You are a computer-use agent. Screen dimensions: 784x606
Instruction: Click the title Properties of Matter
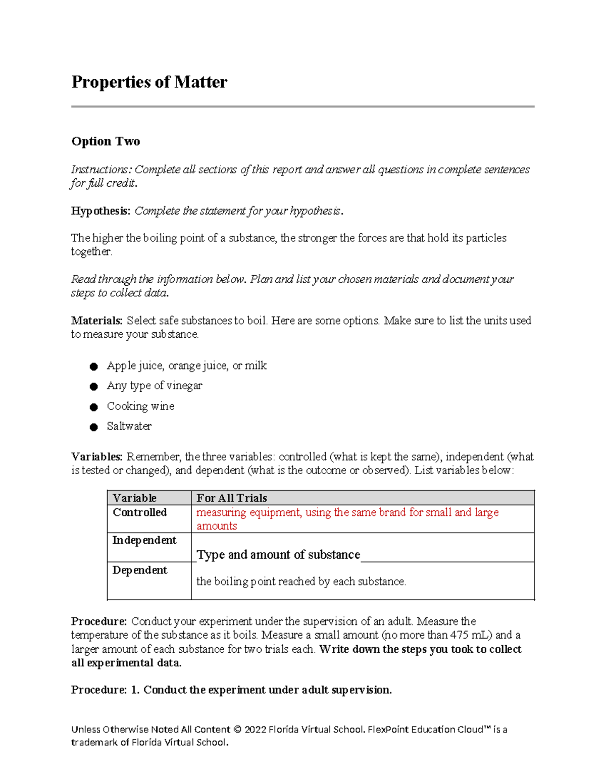click(x=149, y=82)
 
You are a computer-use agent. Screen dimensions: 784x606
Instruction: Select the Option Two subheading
click(x=106, y=141)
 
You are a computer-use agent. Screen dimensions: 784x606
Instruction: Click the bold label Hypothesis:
click(x=100, y=211)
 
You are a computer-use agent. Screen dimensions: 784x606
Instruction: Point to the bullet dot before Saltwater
click(x=93, y=427)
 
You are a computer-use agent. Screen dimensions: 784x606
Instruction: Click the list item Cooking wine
click(x=140, y=406)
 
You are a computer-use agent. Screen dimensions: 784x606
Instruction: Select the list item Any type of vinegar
click(x=154, y=386)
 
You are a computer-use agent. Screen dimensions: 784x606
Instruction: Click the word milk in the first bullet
click(x=256, y=365)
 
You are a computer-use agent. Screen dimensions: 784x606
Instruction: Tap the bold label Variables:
click(x=96, y=457)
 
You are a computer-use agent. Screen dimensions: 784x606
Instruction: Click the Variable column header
click(x=134, y=498)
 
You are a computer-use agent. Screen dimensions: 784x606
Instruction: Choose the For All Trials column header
click(x=232, y=498)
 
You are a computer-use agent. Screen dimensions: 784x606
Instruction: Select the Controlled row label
click(x=139, y=512)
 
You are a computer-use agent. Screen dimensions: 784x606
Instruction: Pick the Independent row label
click(x=144, y=540)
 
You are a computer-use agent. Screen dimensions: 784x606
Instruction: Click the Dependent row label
click(x=139, y=570)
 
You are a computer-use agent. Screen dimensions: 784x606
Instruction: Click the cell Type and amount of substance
click(x=278, y=555)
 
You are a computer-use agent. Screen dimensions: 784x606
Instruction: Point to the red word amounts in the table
click(x=217, y=526)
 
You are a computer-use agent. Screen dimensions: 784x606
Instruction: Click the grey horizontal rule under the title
click(x=302, y=107)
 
